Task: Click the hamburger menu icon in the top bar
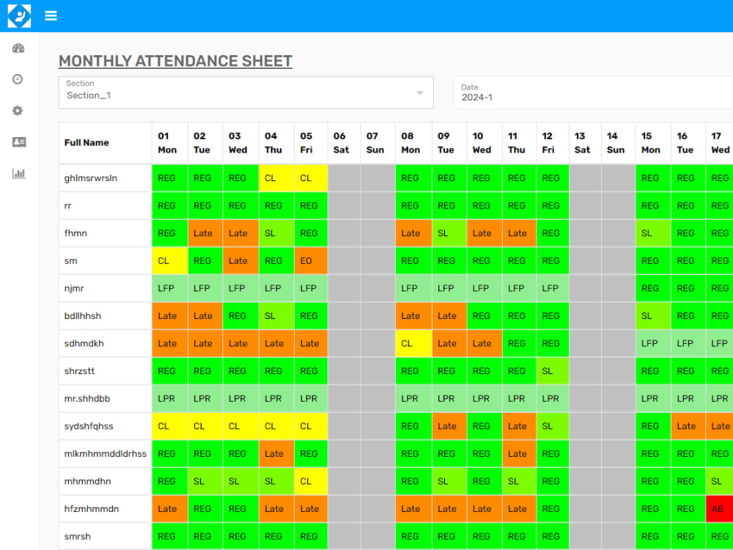51,15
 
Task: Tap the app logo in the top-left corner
19,16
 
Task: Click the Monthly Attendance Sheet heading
175,62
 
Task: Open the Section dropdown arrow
420,93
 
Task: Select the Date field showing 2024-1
593,92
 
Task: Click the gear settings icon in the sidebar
18,111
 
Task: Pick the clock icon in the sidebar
18,79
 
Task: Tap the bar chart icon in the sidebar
19,174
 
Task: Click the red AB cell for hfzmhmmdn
719,509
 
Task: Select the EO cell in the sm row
310,261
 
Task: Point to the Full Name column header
86,143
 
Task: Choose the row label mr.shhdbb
87,398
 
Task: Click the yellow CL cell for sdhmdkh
413,344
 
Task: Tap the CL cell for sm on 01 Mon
170,261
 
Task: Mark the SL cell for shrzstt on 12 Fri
553,371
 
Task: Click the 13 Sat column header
585,143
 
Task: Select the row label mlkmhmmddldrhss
105,454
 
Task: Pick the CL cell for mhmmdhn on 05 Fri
310,481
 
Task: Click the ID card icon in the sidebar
19,142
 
